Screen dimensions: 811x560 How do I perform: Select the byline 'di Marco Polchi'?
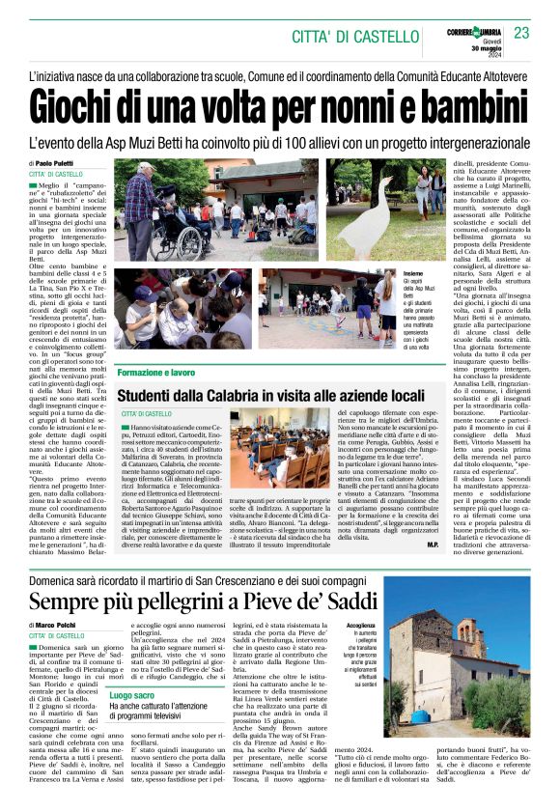[x=55, y=626]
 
